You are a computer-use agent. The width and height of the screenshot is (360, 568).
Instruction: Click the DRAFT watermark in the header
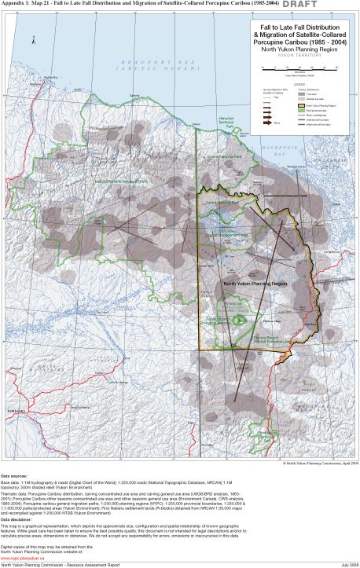point(339,5)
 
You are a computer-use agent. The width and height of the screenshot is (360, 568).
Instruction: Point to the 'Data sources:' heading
point(16,476)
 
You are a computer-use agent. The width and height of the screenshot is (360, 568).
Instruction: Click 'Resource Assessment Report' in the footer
point(94,564)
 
